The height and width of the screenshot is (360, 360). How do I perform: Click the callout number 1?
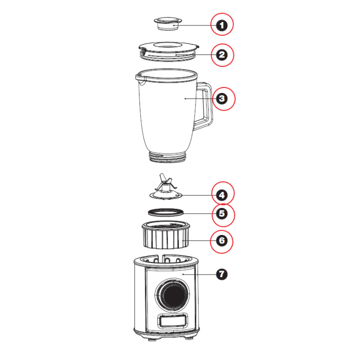(222, 25)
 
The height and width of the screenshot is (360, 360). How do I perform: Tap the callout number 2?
(222, 55)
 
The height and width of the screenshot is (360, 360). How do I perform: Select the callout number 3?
(222, 98)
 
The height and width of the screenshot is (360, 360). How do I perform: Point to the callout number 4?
(222, 195)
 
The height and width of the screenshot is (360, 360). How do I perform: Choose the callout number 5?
(222, 214)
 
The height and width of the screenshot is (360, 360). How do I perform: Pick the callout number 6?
(222, 240)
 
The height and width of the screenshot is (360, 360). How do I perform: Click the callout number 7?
(222, 274)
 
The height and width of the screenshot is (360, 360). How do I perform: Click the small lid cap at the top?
(168, 23)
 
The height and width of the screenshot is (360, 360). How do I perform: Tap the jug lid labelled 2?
(168, 51)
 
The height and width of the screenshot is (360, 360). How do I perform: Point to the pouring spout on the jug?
(140, 79)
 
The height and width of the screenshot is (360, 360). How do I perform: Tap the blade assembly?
(165, 187)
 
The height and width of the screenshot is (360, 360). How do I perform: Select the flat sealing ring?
(166, 212)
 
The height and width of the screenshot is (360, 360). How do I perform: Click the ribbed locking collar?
(166, 235)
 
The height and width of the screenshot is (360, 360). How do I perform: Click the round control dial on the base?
(172, 294)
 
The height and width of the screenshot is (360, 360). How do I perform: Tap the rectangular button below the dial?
(172, 321)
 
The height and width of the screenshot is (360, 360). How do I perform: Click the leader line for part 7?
(199, 274)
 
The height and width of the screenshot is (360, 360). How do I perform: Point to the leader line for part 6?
(199, 240)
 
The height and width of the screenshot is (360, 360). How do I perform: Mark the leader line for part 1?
(195, 25)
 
